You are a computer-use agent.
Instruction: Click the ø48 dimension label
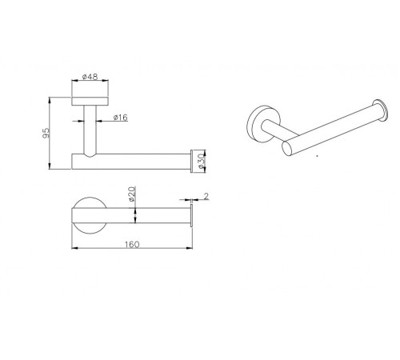[90, 77]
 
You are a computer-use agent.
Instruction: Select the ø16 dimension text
[120, 118]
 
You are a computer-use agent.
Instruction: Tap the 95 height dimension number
[46, 133]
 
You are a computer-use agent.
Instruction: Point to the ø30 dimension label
[202, 161]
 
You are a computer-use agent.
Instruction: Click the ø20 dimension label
[132, 194]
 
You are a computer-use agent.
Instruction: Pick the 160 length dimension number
[132, 244]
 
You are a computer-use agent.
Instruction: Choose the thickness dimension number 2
[206, 197]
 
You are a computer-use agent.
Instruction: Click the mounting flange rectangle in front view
[90, 102]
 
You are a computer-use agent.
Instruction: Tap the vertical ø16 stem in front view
[90, 130]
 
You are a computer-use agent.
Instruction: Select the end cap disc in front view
[191, 162]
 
